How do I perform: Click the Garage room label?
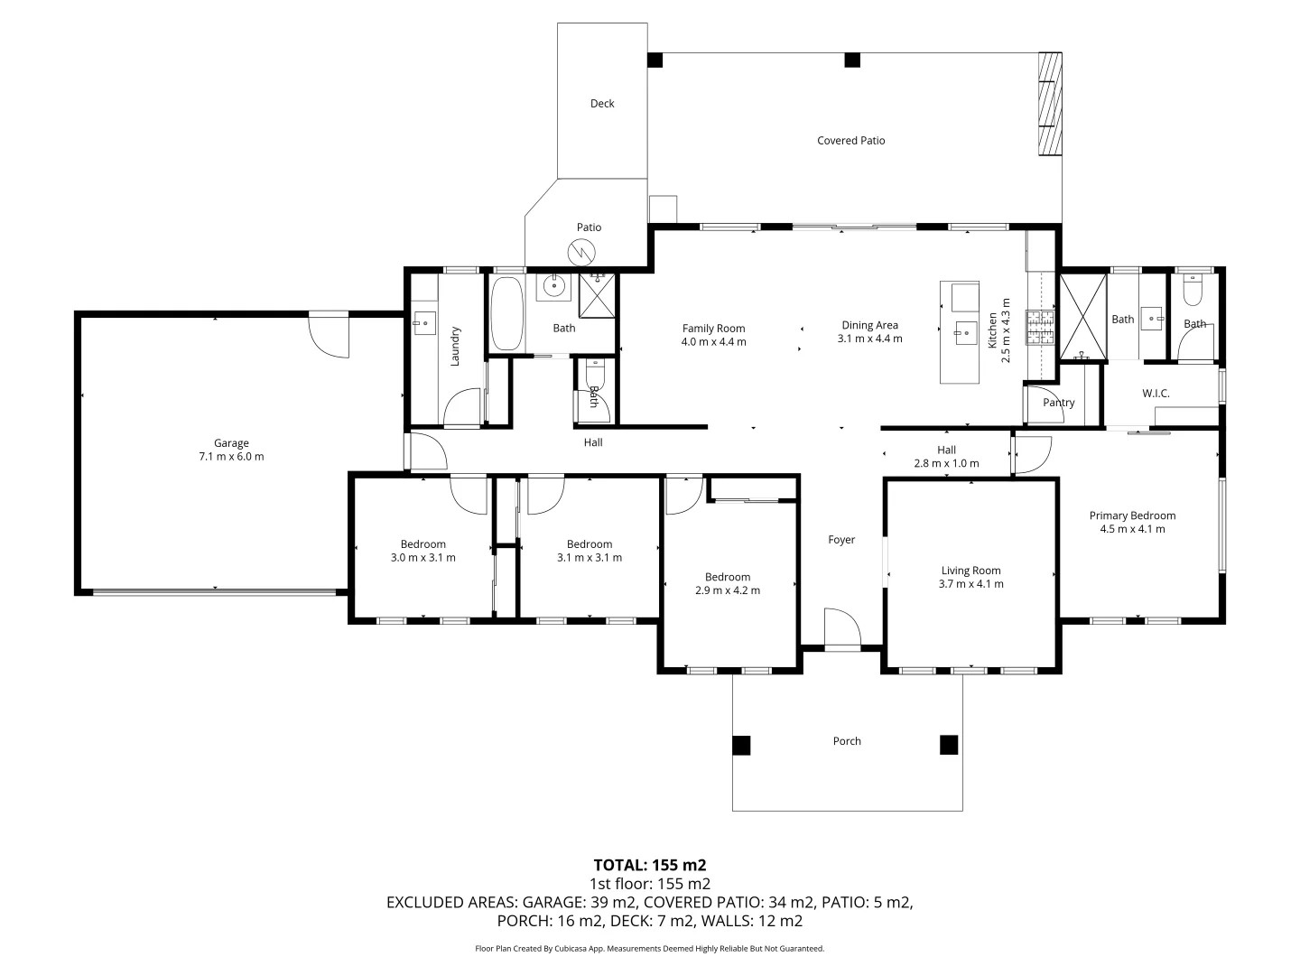[231, 443]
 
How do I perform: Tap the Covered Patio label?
[850, 141]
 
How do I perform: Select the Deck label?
[602, 104]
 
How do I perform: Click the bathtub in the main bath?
[506, 313]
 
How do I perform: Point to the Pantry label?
[1058, 403]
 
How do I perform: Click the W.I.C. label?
[1156, 394]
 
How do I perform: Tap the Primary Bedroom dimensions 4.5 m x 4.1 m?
[1132, 529]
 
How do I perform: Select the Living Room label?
[970, 571]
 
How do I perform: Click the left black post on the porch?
[740, 745]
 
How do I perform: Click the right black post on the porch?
[948, 745]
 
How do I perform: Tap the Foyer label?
[841, 540]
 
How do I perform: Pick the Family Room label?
[713, 329]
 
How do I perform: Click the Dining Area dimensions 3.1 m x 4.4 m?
[869, 339]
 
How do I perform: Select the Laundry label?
[456, 346]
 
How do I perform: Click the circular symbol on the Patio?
[583, 251]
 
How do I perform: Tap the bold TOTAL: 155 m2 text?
[649, 865]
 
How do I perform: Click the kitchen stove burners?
[1040, 329]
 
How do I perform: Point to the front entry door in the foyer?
[841, 629]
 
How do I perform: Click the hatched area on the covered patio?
[1049, 104]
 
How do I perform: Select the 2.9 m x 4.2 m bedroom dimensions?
[728, 590]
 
